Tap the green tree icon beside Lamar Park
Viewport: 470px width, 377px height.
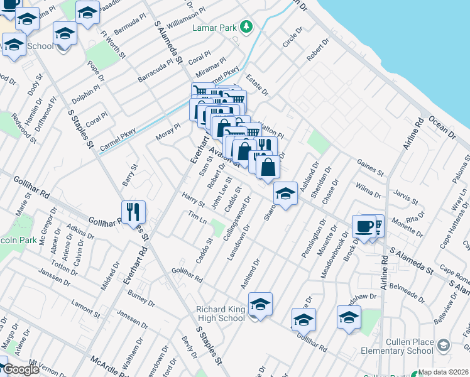pos(248,26)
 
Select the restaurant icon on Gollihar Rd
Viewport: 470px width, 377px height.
pos(134,212)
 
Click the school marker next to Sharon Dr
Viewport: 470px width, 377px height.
pos(285,194)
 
